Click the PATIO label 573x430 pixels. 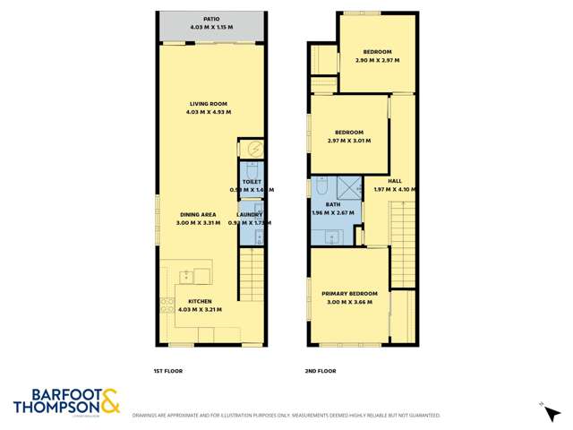[211, 18]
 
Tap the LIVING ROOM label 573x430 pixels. [208, 102]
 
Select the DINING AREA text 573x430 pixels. [198, 214]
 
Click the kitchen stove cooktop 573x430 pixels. [167, 304]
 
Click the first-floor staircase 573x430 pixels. [252, 273]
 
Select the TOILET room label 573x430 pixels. [251, 181]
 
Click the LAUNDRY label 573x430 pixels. [249, 214]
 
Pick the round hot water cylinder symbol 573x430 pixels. [252, 149]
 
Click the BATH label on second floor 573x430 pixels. [333, 204]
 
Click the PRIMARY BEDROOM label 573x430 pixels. [350, 293]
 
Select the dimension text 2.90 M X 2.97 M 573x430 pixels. [376, 60]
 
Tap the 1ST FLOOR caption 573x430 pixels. [168, 369]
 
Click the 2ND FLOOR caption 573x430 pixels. [320, 369]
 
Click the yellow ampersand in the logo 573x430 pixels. [109, 400]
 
